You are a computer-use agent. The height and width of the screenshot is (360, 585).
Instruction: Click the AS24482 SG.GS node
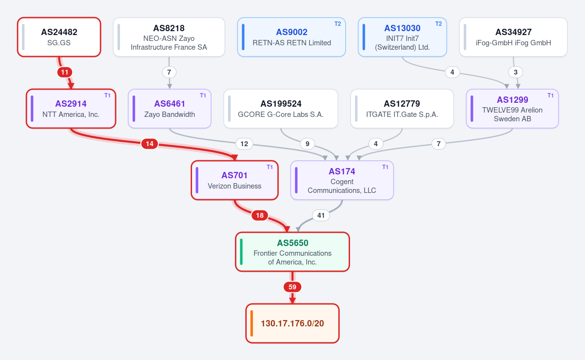pos(59,37)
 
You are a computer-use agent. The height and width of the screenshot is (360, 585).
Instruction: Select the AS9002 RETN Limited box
pos(292,37)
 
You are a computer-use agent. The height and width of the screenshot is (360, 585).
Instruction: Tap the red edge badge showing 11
pos(65,72)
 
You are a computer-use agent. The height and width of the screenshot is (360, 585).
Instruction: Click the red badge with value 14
pos(150,144)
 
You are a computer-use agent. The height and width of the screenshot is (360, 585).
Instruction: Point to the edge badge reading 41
pos(321,215)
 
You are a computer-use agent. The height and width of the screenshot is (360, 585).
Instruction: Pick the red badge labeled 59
pos(292,287)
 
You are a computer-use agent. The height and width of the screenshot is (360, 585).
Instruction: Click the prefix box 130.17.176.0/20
pos(292,323)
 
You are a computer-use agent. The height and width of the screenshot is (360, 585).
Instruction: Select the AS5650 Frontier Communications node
pos(292,252)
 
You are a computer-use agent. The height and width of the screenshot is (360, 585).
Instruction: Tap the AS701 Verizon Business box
pos(234,180)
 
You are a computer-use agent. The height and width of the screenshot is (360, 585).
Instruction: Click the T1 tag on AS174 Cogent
pos(385,167)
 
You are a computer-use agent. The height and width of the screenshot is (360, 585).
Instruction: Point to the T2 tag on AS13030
pos(438,24)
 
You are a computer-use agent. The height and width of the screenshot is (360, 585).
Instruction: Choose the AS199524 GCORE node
pos(281,109)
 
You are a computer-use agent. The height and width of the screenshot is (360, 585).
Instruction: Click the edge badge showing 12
pos(244,144)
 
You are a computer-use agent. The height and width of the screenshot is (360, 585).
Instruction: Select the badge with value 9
pos(308,144)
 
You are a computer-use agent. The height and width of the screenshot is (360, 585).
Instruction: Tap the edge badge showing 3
pos(516,72)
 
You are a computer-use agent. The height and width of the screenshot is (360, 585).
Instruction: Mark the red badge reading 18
pos(259,215)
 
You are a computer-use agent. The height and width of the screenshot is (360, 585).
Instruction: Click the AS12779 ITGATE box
pos(402,109)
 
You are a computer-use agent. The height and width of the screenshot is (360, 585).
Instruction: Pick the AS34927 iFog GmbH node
pos(513,37)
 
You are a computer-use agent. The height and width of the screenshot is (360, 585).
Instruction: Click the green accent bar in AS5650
pos(241,252)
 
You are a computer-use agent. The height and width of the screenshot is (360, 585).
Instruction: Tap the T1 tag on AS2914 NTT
pos(107,95)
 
